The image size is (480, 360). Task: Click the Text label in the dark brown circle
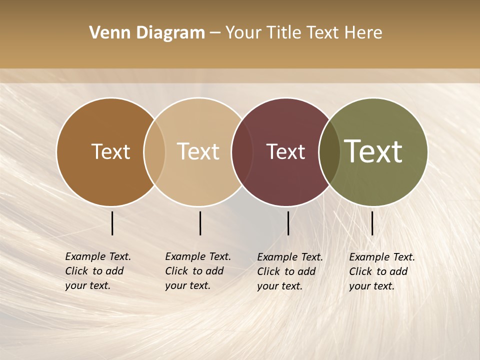[110, 151]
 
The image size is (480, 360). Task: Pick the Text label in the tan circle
[198, 151]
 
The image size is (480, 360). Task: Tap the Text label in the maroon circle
[285, 151]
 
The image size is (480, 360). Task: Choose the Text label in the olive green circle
[373, 151]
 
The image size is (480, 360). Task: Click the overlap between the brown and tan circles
[154, 152]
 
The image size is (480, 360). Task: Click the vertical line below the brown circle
[112, 223]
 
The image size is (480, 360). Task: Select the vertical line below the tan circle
[200, 223]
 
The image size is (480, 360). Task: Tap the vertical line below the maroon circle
[288, 223]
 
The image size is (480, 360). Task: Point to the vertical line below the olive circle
[372, 223]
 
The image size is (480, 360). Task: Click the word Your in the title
[243, 33]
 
